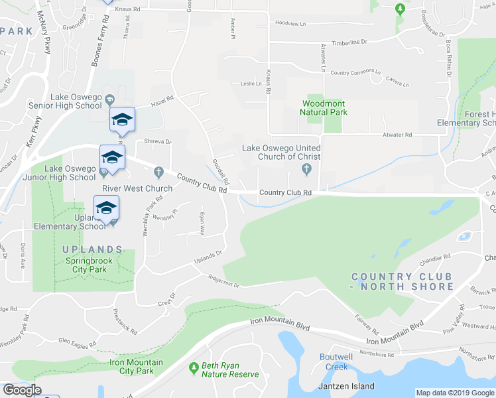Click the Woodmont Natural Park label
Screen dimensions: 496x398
click(x=325, y=107)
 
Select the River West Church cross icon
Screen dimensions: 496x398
click(x=158, y=172)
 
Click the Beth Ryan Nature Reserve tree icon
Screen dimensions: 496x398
click(x=194, y=367)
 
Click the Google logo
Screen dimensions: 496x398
click(x=22, y=390)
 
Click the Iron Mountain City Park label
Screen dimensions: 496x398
click(x=128, y=367)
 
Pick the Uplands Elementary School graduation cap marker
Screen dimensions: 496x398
click(x=107, y=207)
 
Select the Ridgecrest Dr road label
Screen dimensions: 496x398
click(x=222, y=281)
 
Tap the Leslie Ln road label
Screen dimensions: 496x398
click(x=252, y=84)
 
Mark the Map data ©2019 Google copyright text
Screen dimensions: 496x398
click(x=454, y=393)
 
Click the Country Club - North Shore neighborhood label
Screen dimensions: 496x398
click(x=403, y=281)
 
